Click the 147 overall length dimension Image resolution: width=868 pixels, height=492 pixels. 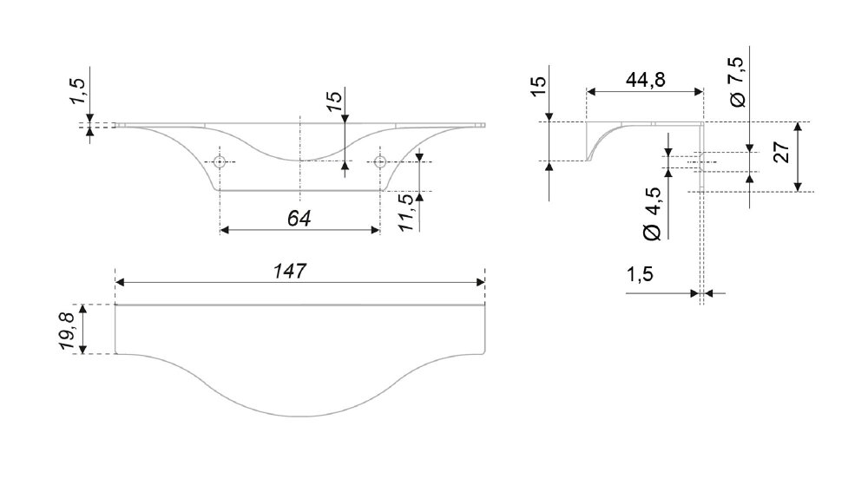290,272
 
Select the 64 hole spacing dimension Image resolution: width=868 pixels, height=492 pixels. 299,219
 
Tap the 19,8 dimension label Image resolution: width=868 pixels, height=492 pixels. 67,331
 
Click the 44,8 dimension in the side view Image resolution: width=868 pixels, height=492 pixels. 646,80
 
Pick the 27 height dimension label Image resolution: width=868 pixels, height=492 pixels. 782,152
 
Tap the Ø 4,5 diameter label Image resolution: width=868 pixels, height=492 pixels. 653,213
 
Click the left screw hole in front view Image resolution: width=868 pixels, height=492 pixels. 220,161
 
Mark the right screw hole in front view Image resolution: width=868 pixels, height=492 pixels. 380,161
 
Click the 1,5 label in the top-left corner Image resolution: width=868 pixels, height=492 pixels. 77,91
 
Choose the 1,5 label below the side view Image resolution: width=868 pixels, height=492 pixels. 640,274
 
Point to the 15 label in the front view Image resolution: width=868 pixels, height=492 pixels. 334,101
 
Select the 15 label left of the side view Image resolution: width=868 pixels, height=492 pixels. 538,86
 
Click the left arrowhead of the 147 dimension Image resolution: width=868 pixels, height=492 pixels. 120,282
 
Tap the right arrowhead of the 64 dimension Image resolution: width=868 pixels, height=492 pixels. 375,230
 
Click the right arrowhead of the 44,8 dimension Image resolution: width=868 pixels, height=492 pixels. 698,92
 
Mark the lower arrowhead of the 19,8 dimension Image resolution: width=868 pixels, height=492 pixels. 82,348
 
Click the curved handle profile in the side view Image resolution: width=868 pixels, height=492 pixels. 603,138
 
